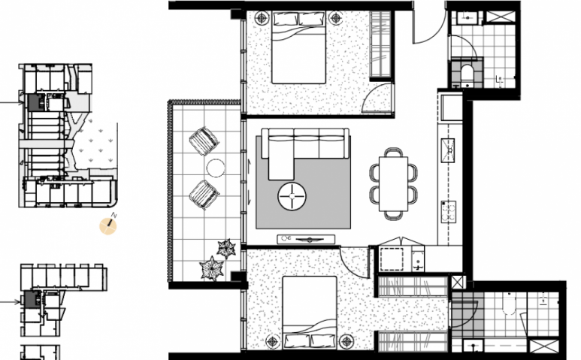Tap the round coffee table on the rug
[292, 196]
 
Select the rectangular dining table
[393, 183]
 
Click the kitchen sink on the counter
[448, 150]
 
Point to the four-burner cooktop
[449, 211]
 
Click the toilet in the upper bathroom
[467, 73]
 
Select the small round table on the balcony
[216, 168]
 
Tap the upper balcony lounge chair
[204, 141]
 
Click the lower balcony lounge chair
[204, 195]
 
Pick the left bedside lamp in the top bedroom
[262, 17]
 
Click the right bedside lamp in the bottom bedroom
[346, 341]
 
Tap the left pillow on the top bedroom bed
[285, 19]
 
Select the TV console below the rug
[306, 239]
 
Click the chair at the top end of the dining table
[393, 153]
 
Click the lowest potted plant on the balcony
[212, 268]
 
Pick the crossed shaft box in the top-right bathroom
[501, 18]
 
